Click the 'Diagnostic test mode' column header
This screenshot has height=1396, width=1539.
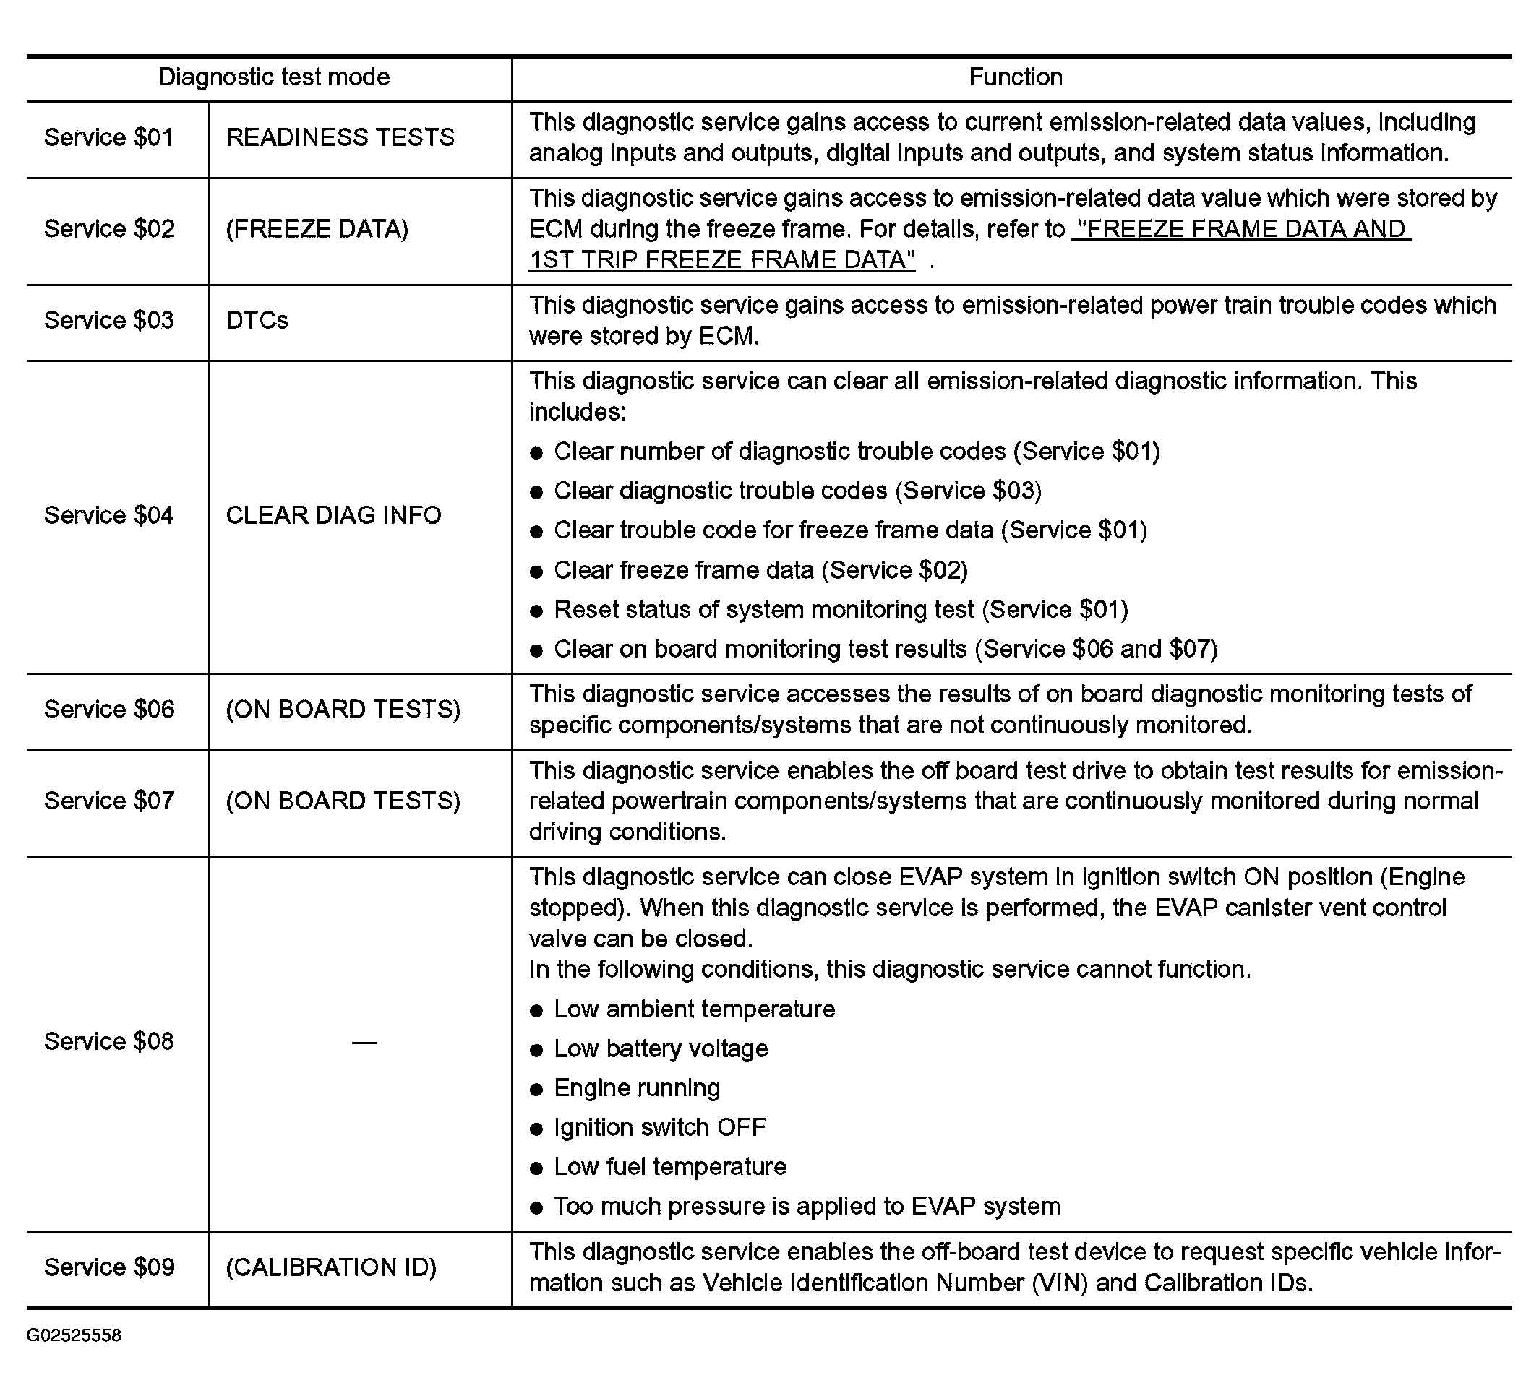click(274, 77)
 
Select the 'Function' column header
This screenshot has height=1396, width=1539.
click(1016, 77)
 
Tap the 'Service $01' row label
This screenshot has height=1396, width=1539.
click(109, 137)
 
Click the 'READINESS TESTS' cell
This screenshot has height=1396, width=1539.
click(340, 137)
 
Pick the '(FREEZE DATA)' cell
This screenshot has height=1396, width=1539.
click(317, 229)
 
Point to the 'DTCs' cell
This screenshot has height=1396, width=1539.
click(257, 321)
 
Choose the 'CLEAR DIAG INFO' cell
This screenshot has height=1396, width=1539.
click(333, 515)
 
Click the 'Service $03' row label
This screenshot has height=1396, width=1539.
click(109, 321)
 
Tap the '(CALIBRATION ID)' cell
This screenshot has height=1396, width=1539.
click(331, 1267)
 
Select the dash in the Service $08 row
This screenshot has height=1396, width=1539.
click(364, 1043)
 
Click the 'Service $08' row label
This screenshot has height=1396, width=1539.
click(109, 1041)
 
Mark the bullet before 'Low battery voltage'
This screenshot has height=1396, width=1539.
click(536, 1050)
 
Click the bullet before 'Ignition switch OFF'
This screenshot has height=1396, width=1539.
click(536, 1129)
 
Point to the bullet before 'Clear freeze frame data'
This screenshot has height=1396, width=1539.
click(536, 572)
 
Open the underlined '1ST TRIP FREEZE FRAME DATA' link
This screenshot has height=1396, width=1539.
click(722, 260)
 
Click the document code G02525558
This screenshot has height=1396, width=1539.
click(74, 1335)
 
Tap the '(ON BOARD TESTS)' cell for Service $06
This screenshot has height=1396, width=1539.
click(343, 710)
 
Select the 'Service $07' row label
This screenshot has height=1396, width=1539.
click(109, 801)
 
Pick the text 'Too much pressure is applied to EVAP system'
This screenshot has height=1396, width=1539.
click(807, 1206)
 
